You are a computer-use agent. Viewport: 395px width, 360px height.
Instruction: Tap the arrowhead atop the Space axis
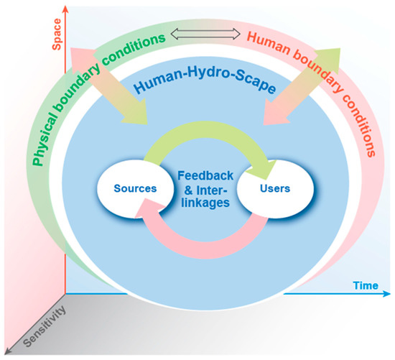point(65,9)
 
